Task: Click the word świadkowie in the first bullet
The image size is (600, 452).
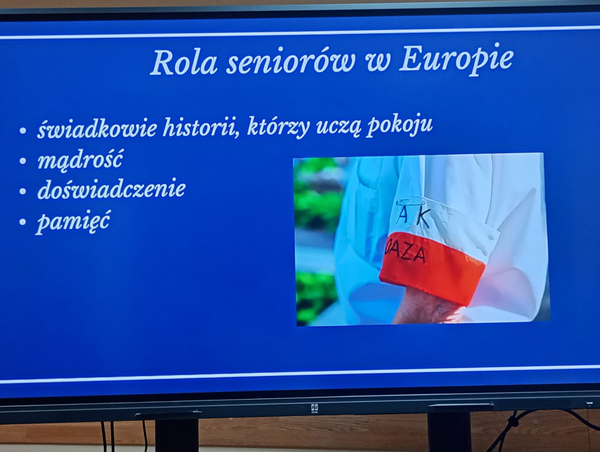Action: click(x=97, y=128)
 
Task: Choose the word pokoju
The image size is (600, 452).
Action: click(x=400, y=126)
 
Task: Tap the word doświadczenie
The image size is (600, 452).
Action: click(x=111, y=189)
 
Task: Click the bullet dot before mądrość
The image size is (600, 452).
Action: click(x=23, y=161)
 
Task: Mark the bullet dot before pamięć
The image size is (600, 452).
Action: click(x=23, y=222)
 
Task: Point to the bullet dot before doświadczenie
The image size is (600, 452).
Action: click(x=23, y=191)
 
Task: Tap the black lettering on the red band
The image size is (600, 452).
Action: click(x=405, y=253)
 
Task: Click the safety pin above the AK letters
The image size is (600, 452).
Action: click(x=410, y=203)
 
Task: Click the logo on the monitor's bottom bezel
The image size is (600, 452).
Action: click(x=315, y=408)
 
